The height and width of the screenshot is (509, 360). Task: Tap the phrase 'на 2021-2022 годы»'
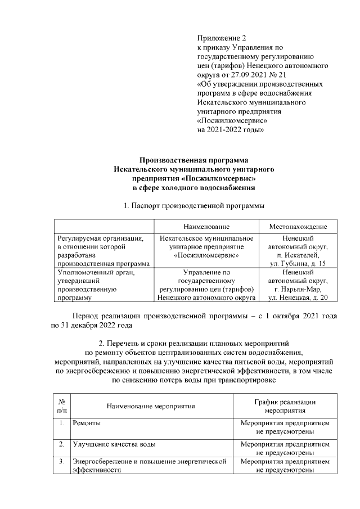coord(231,129)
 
